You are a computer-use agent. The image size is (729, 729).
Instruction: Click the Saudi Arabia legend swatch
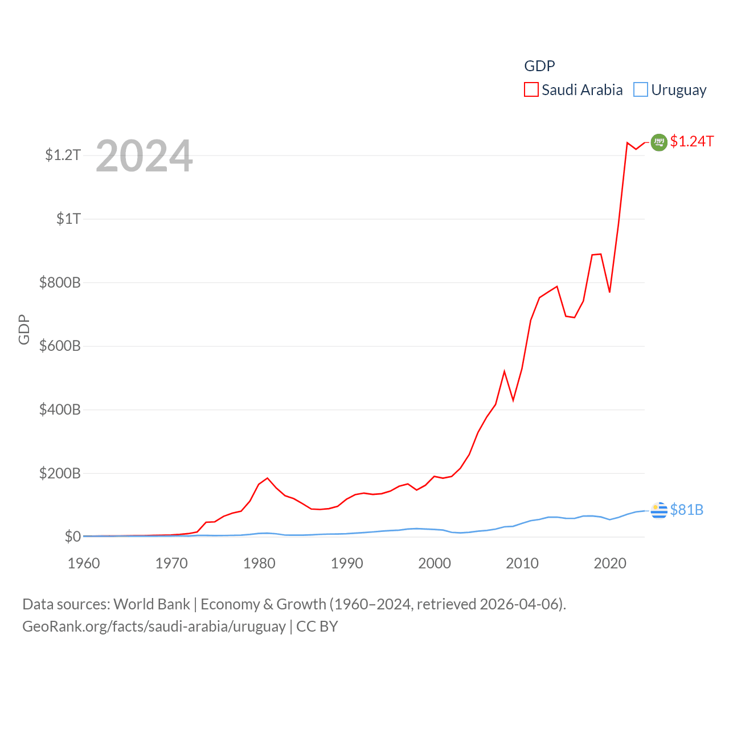(531, 90)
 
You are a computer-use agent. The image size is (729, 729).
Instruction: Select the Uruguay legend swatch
(641, 90)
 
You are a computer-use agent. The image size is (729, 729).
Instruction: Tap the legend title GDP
(539, 66)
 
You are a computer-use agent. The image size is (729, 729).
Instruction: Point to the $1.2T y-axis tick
(63, 155)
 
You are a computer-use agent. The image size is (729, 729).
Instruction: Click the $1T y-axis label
(68, 219)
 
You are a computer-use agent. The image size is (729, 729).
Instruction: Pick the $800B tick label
(60, 282)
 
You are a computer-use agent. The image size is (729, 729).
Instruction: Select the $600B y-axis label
(60, 346)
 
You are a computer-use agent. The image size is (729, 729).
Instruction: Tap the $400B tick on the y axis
(60, 409)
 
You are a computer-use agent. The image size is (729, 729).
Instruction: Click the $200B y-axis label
(60, 473)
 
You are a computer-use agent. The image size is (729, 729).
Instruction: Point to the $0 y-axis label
(72, 536)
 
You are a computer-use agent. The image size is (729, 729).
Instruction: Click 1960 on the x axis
(84, 563)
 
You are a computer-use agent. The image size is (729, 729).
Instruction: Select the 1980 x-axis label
(259, 563)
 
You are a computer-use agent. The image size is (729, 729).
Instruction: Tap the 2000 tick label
(435, 563)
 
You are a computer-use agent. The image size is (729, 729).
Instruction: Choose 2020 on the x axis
(610, 563)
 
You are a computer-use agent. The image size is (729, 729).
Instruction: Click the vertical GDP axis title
(24, 329)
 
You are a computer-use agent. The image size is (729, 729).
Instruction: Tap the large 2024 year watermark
(144, 156)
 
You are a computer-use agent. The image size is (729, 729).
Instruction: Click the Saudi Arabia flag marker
(659, 142)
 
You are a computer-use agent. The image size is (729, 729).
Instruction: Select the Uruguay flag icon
(659, 511)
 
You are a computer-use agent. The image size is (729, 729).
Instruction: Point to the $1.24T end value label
(691, 141)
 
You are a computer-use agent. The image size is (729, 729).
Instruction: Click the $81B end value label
(686, 510)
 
